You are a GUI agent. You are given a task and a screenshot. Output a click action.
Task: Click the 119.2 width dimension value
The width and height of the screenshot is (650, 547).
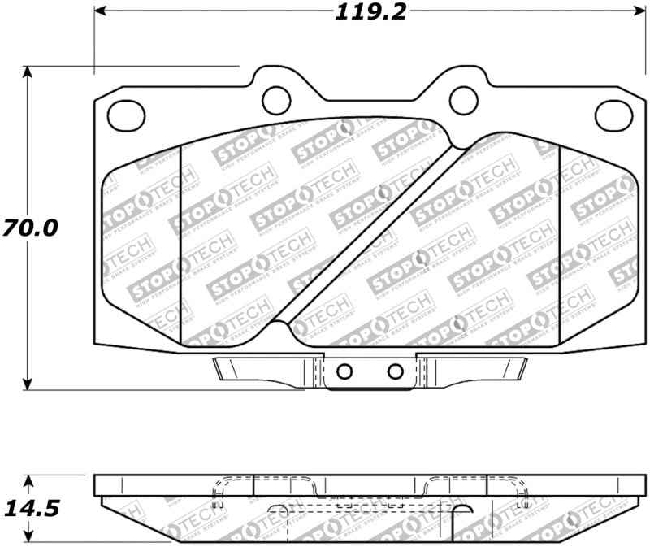click(369, 11)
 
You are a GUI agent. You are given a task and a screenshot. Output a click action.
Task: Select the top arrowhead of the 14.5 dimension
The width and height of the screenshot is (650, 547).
click(29, 480)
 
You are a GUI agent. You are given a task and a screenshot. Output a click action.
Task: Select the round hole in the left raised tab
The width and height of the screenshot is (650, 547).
click(276, 99)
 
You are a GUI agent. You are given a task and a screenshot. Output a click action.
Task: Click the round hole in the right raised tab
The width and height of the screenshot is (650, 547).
click(462, 99)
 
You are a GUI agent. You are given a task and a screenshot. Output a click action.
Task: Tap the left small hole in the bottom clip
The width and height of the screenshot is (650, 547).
click(344, 371)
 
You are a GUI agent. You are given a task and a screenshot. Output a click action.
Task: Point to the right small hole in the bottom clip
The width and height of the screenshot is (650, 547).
click(396, 371)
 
